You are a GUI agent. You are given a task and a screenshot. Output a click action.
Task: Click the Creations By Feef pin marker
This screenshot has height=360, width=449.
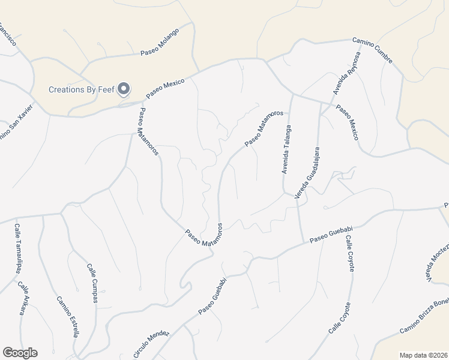(x=124, y=89)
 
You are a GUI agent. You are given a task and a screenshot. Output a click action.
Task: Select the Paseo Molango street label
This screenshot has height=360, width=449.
(x=160, y=44)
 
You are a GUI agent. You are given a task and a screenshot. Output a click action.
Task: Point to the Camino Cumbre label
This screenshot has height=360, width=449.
(x=372, y=51)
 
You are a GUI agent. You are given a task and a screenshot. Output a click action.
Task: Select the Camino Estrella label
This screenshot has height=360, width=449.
(x=67, y=316)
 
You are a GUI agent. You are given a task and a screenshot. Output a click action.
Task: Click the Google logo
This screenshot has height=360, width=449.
(x=20, y=353)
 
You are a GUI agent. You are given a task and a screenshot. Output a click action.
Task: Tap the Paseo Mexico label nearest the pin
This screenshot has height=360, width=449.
(x=163, y=87)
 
